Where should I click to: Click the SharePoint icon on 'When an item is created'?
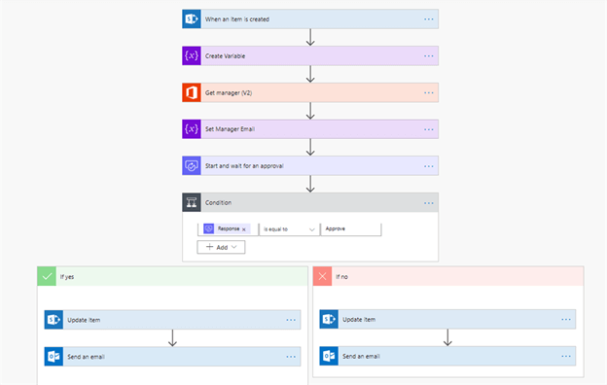tap(191, 18)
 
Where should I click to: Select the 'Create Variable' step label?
tap(226, 55)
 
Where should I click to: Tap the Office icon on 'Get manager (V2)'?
tap(191, 92)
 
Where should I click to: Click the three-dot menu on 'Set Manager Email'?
tap(428, 129)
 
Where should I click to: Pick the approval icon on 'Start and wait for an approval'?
tap(191, 166)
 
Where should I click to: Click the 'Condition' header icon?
tap(191, 203)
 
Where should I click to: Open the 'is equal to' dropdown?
tap(290, 228)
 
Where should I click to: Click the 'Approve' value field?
tap(350, 228)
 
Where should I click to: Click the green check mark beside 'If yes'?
tap(47, 276)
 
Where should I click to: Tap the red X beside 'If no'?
tap(322, 277)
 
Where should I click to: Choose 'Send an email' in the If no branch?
tap(360, 356)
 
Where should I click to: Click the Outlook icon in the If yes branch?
tap(54, 357)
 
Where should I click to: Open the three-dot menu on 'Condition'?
tap(428, 203)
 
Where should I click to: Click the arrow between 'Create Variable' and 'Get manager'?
tap(310, 74)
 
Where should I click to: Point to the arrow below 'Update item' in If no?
tap(447, 337)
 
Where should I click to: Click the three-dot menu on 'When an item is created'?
tap(428, 18)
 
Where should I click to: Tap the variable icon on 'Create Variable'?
tap(191, 55)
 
